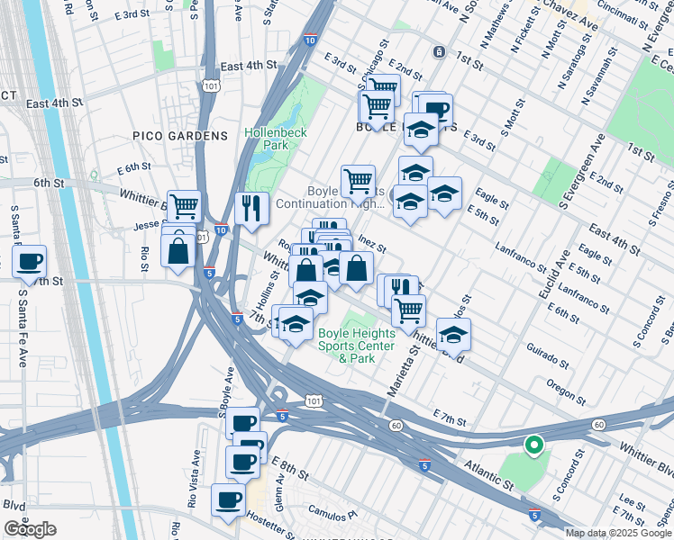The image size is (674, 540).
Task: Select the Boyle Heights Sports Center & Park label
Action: pos(356,346)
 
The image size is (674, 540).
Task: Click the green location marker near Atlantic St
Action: pos(533,443)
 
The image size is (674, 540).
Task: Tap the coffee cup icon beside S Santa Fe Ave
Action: pos(30,261)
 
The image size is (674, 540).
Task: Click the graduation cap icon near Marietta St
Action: pos(454,335)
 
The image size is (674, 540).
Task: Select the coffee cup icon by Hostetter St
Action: pos(227,500)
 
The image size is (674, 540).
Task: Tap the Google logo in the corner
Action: pos(30,529)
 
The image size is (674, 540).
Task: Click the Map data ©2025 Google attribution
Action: pos(618,533)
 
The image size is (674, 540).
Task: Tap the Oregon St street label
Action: pos(568,390)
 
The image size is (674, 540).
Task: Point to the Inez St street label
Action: pos(371,243)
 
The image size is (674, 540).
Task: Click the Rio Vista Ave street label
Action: pos(193,480)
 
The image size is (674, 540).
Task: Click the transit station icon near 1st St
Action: pos(439,51)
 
